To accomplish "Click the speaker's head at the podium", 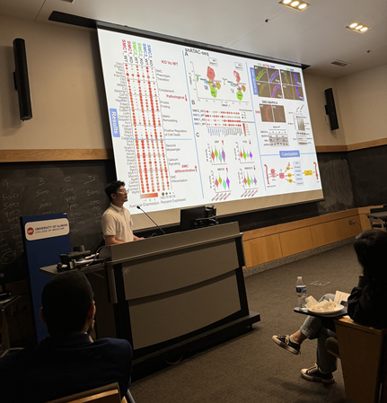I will pyautogui.click(x=115, y=193).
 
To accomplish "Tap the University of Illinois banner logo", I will pyautogui.click(x=47, y=229).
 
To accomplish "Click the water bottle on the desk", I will pyautogui.click(x=301, y=289).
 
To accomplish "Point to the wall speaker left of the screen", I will pyautogui.click(x=22, y=79).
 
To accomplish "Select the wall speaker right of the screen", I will pyautogui.click(x=330, y=109).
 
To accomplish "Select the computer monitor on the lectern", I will pyautogui.click(x=197, y=216).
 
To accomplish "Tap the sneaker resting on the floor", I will pyautogui.click(x=286, y=343).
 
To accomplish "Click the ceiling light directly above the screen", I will pyautogui.click(x=294, y=4).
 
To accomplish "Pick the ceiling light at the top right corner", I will pyautogui.click(x=357, y=27).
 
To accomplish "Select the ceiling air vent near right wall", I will pyautogui.click(x=338, y=63).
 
